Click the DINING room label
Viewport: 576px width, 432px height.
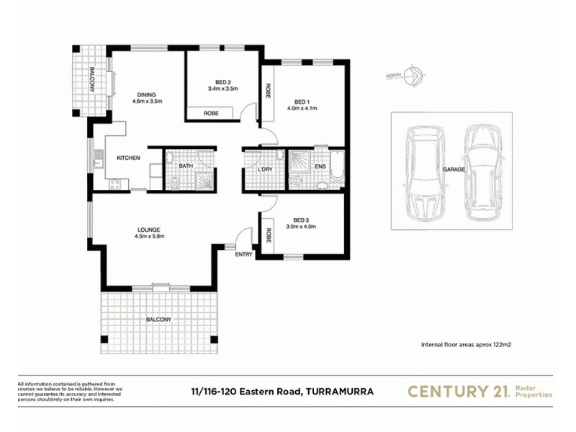[x=147, y=94]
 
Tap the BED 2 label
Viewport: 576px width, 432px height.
[x=222, y=81]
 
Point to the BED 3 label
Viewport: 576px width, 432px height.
[x=301, y=220]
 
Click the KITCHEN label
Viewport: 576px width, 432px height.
[x=128, y=158]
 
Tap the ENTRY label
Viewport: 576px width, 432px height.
[x=244, y=254]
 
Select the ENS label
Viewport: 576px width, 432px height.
[x=320, y=168]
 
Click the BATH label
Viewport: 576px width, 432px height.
[x=186, y=166]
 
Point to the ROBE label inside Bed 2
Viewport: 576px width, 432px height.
[x=210, y=114]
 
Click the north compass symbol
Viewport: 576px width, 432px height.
[x=413, y=76]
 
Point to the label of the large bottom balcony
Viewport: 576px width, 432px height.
[x=160, y=320]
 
